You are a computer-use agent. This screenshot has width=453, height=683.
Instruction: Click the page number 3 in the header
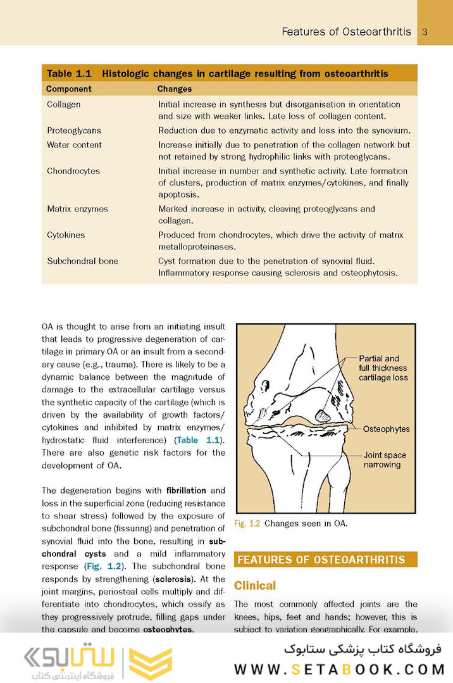(425, 32)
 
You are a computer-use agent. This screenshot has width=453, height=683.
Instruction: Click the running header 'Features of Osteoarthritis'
(346, 32)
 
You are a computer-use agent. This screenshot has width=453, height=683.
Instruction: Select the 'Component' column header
(69, 89)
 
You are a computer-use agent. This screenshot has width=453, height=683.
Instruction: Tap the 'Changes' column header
(174, 89)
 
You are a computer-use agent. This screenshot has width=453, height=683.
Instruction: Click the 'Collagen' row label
(63, 104)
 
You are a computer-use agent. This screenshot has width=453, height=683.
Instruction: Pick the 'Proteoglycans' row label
(73, 130)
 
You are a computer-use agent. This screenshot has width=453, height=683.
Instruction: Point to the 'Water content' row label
(74, 145)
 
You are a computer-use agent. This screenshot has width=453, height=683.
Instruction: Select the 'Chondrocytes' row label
(73, 171)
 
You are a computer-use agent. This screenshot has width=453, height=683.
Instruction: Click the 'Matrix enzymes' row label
(77, 209)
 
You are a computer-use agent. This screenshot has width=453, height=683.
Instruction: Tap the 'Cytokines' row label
(66, 235)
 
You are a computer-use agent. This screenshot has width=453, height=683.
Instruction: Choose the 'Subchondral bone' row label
(82, 261)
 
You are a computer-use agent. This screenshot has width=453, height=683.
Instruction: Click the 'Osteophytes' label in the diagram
(386, 429)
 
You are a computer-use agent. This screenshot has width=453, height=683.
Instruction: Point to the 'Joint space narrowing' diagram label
(385, 460)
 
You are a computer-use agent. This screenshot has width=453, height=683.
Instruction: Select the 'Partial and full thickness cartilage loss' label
(383, 368)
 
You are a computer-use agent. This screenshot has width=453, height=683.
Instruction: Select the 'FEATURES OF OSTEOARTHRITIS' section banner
(325, 560)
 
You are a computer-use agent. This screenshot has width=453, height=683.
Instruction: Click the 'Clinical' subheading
(255, 586)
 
